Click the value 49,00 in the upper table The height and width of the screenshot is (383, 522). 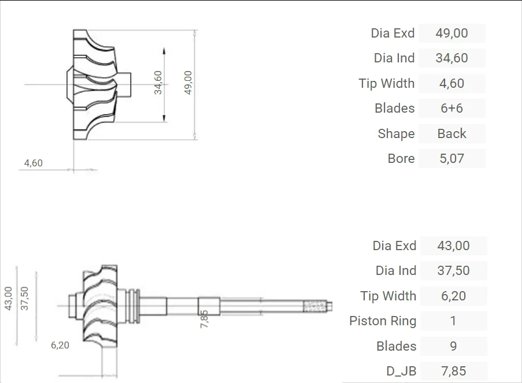451,34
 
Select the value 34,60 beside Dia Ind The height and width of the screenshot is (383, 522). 451,58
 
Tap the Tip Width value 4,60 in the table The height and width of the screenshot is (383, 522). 451,84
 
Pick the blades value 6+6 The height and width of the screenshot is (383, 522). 451,109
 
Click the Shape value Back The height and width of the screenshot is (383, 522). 451,134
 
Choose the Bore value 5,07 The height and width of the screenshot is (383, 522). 451,159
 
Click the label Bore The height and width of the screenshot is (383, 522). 401,159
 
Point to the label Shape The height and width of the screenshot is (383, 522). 396,134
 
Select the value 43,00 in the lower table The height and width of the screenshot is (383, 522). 453,246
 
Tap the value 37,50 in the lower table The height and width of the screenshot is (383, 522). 453,271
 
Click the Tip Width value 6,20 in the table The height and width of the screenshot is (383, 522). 453,296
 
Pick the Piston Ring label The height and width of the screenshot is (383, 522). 383,321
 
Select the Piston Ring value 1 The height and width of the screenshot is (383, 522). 453,321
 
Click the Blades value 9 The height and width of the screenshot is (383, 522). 453,347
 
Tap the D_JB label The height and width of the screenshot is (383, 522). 401,371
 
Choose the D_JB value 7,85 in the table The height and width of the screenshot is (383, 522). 453,371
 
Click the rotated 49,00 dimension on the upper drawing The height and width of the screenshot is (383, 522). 188,83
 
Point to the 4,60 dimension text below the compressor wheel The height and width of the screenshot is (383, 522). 33,163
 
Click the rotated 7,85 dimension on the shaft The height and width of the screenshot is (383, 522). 204,319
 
